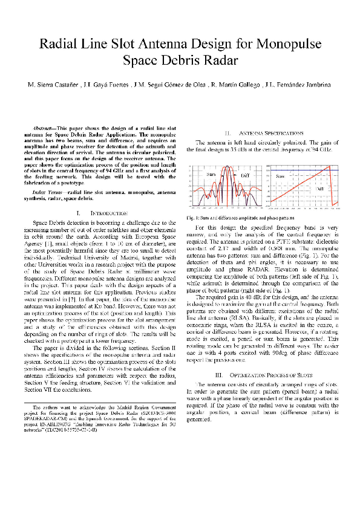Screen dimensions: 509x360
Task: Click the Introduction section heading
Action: (108, 213)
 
